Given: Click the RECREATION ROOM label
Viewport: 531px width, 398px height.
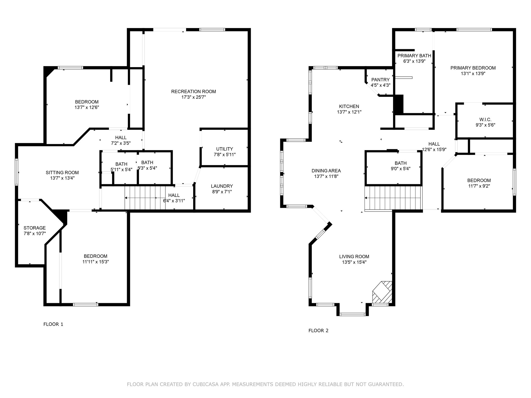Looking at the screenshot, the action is coord(193,91).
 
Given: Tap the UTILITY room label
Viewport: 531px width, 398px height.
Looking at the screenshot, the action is coord(225,149).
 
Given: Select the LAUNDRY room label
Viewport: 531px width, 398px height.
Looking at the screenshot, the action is coord(222,186).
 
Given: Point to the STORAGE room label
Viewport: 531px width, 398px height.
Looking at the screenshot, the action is coord(34,228).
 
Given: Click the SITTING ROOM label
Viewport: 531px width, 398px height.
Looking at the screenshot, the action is coord(62,173).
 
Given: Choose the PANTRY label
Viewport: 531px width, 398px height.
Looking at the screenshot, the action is coord(380,80).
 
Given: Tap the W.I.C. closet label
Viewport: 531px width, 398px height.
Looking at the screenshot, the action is coord(485,119).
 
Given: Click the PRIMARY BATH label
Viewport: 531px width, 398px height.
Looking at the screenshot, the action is coord(414,56).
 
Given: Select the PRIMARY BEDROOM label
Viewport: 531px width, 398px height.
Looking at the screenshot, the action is coord(473,68).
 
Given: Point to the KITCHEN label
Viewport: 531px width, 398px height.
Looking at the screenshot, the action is coord(349,106).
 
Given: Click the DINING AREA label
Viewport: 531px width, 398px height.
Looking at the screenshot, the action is coord(326,171).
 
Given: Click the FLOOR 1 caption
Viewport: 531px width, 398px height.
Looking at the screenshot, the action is coord(53,324).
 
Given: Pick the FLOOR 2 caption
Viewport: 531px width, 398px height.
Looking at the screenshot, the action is coord(318,331).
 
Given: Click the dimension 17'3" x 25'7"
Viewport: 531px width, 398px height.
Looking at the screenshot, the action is coord(193,97).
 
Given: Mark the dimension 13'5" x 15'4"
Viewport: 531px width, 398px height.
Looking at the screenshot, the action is coord(354,262).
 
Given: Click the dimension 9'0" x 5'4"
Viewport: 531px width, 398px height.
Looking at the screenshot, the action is coord(401,168).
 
